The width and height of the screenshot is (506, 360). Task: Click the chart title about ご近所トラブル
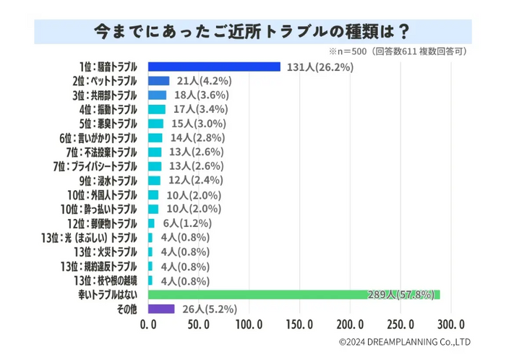[253, 31]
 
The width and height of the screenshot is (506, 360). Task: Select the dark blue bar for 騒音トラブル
[214, 67]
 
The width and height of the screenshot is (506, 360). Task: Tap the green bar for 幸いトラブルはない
[293, 294]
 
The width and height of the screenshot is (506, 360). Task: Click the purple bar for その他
[161, 309]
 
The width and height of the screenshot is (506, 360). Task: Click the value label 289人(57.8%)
[400, 294]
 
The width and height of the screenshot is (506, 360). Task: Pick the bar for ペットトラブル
[158, 81]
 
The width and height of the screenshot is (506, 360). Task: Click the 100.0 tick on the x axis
[249, 323]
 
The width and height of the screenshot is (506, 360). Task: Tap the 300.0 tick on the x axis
[451, 323]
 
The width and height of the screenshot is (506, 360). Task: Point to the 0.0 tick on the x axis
[148, 323]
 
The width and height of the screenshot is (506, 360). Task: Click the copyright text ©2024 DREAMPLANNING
[405, 342]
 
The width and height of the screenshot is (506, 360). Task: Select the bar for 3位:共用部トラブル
[157, 95]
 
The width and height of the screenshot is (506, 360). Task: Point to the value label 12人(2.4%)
[194, 180]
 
